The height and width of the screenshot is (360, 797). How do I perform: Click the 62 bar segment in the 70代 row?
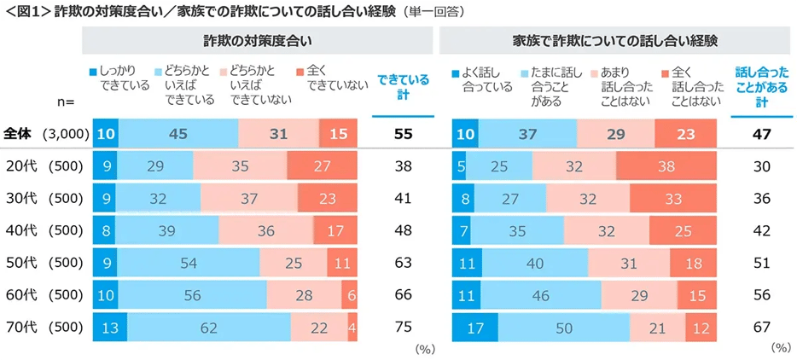pyautogui.click(x=208, y=328)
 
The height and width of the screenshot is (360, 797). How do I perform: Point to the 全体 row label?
pyautogui.click(x=16, y=134)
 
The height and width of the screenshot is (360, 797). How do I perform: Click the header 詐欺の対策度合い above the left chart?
pyautogui.click(x=258, y=41)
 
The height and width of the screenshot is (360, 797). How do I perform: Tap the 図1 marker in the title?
pyautogui.click(x=24, y=12)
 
